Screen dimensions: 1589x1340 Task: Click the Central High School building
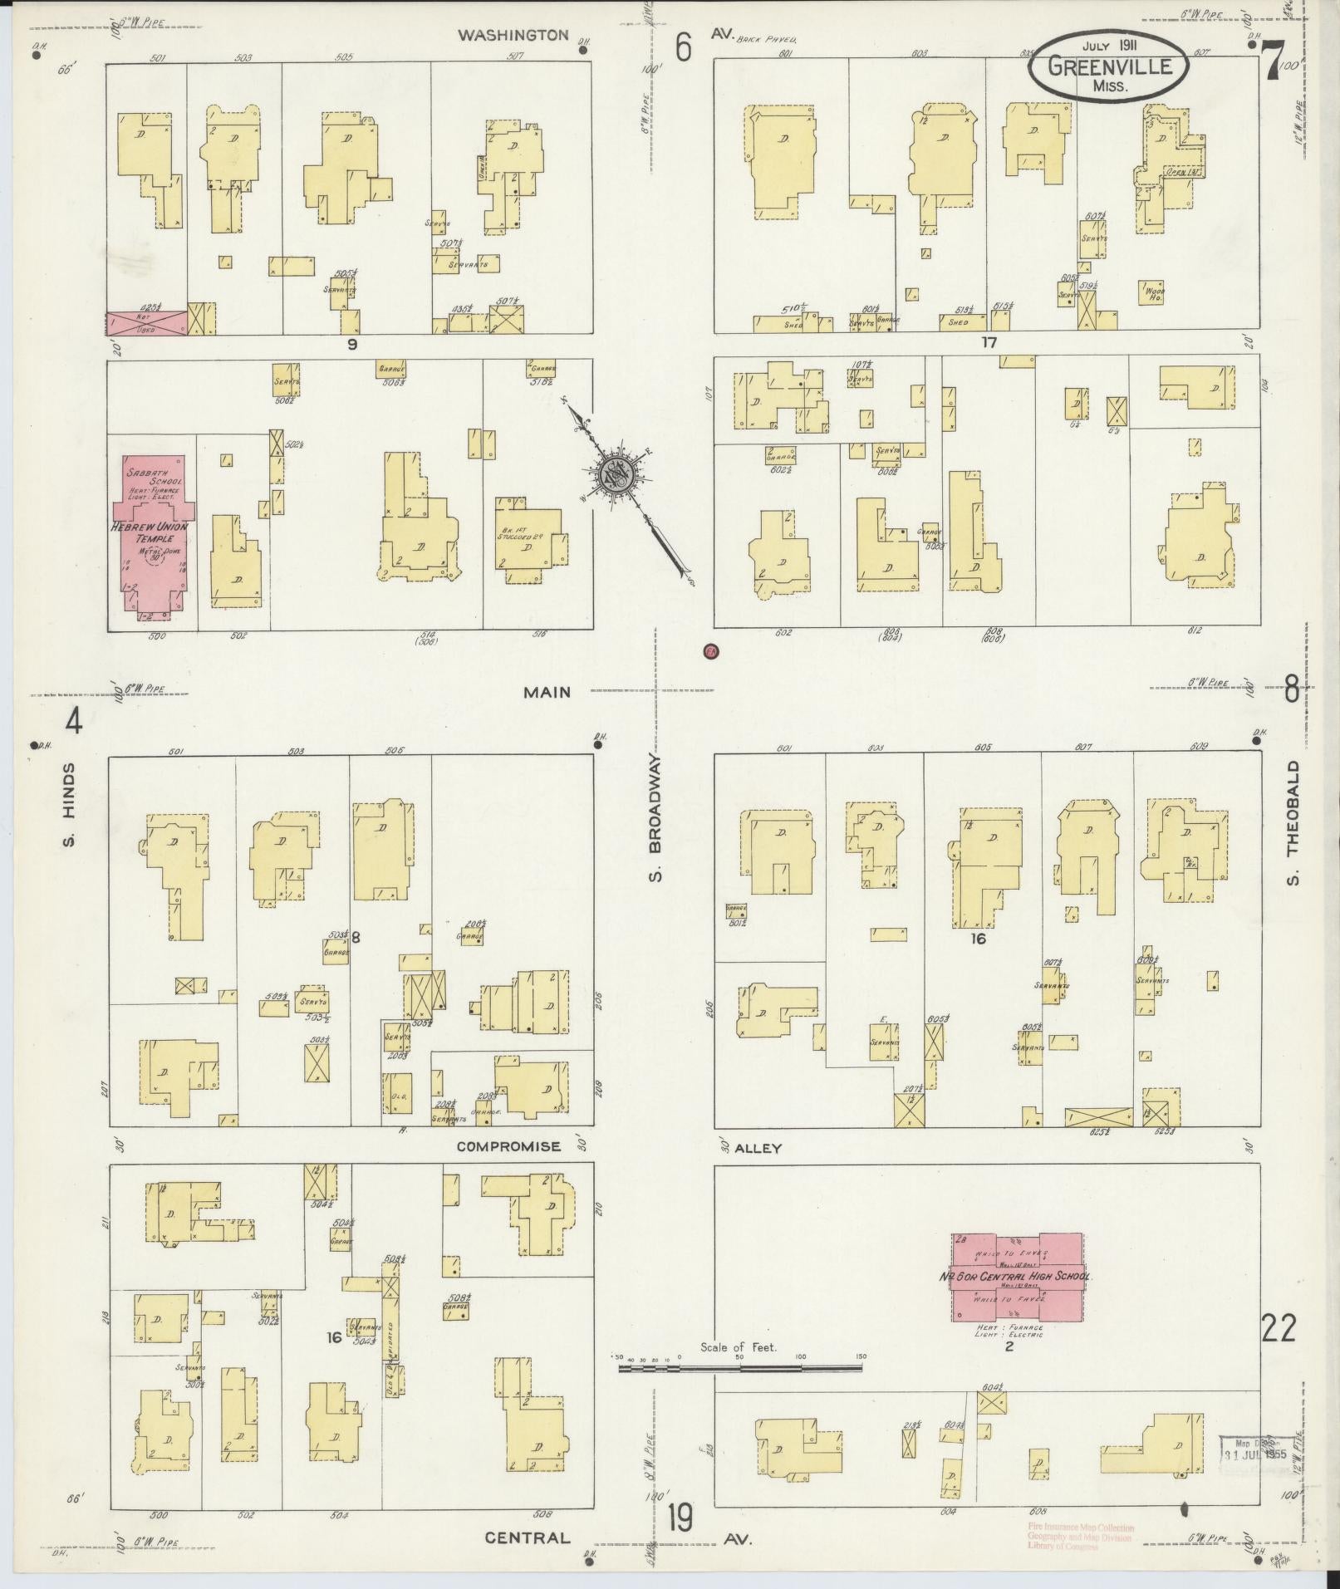point(1017,1276)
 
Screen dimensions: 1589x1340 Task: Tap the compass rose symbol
point(617,476)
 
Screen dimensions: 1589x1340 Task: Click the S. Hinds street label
point(69,805)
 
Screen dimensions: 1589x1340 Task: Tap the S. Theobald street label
point(1293,822)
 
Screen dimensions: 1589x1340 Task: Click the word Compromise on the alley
point(508,1146)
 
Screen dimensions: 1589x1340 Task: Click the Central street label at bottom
point(528,1538)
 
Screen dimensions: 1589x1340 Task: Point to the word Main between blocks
point(547,692)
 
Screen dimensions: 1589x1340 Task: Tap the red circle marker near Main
point(710,652)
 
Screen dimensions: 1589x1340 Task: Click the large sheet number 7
point(1274,63)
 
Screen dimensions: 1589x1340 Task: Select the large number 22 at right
point(1279,1329)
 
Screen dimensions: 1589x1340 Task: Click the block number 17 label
point(988,342)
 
